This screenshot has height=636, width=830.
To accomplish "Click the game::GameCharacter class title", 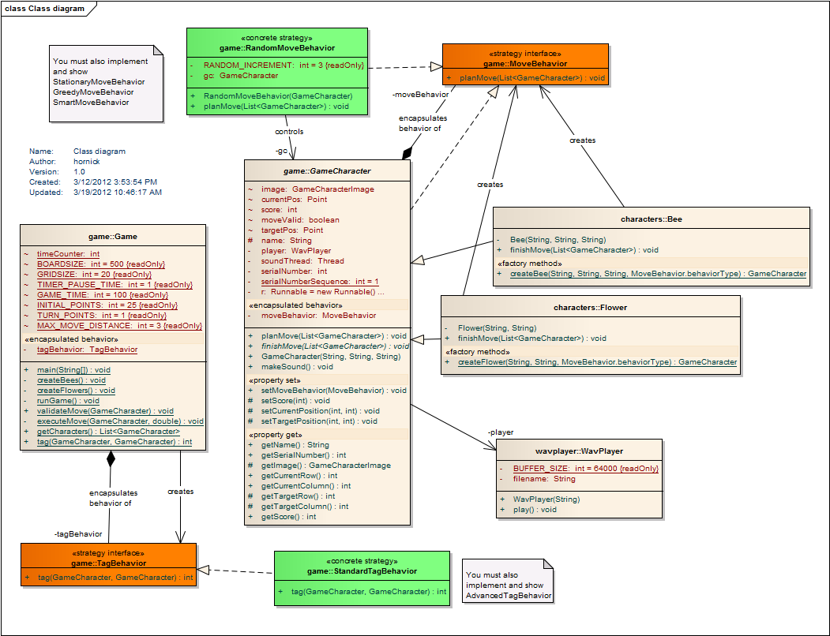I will [x=327, y=170].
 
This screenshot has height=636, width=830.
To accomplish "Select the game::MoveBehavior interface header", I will [x=525, y=62].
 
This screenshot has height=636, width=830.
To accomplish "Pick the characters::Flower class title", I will [x=590, y=307].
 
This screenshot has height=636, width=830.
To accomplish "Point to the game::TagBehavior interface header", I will [x=108, y=563].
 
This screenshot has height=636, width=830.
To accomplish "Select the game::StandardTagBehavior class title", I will [x=362, y=571].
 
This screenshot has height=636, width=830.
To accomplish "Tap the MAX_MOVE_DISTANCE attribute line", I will [x=118, y=325].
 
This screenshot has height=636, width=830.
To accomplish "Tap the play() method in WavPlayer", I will [x=535, y=510].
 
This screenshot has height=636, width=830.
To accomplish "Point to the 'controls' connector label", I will [x=289, y=132].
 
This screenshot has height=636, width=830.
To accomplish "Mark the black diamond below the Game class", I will [x=111, y=458].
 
